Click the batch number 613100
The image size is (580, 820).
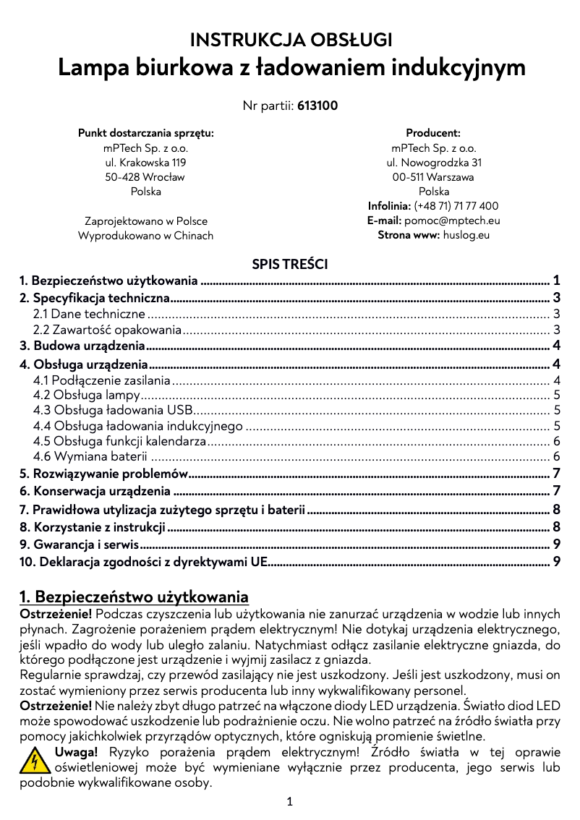tap(317, 106)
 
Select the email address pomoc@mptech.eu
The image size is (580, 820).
tap(452, 221)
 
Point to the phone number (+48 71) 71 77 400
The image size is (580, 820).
tap(456, 206)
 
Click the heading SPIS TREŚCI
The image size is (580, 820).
tap(289, 264)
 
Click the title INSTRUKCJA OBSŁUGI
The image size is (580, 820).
tap(291, 39)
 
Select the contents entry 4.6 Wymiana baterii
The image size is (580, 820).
tap(91, 456)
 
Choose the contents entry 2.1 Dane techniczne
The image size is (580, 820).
tap(90, 314)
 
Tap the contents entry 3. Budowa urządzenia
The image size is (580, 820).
tap(82, 346)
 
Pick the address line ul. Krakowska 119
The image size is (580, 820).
tap(145, 163)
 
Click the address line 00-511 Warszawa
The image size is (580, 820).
tap(433, 177)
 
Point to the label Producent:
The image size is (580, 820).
tap(433, 133)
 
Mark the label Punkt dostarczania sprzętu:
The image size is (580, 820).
tap(145, 133)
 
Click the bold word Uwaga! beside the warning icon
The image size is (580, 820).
tap(76, 752)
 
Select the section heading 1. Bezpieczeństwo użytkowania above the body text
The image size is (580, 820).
tap(134, 597)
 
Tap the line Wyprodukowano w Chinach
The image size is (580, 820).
tap(145, 236)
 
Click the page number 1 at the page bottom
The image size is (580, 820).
tap(289, 801)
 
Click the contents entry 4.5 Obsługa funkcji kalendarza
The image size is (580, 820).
tap(120, 441)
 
